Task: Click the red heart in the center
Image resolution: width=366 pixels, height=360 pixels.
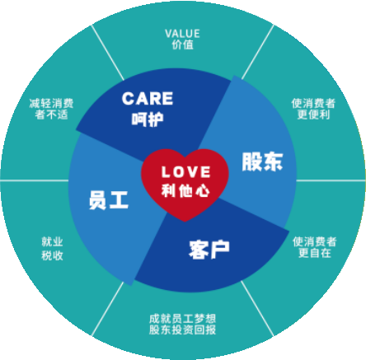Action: (x=185, y=184)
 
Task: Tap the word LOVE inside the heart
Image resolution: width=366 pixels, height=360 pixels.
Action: (x=186, y=172)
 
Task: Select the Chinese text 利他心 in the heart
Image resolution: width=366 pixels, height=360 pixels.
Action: (x=185, y=190)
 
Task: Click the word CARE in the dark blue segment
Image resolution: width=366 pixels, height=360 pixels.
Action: (x=148, y=99)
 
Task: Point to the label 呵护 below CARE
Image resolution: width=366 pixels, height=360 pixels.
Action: (x=148, y=119)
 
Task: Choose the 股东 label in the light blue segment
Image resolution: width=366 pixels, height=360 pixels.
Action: (x=262, y=161)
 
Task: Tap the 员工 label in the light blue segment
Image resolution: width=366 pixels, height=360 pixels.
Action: (x=109, y=200)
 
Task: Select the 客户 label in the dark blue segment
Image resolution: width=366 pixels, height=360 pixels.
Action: (x=209, y=250)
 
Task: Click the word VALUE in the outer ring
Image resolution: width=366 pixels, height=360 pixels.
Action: (x=182, y=34)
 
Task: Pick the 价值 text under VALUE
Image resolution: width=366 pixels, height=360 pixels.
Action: (x=183, y=44)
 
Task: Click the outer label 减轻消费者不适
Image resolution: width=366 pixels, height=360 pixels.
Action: (x=51, y=109)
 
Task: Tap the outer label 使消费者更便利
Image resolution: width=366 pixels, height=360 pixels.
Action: (x=313, y=109)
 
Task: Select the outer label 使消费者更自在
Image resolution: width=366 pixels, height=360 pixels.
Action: (x=315, y=247)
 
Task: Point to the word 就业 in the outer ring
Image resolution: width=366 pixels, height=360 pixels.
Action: (x=52, y=242)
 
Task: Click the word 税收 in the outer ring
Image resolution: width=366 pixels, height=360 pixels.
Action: (x=52, y=255)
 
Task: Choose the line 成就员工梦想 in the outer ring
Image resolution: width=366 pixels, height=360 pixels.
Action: (x=182, y=319)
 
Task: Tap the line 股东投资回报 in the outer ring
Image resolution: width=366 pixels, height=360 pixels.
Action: (x=182, y=330)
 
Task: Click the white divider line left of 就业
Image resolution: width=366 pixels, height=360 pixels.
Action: (x=35, y=180)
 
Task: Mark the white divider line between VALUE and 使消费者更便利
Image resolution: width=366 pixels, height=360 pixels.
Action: (x=258, y=52)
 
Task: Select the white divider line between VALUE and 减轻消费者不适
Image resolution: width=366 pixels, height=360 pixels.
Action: (x=108, y=52)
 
